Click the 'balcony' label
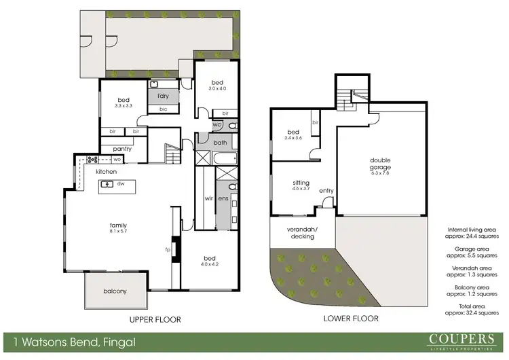click(x=116, y=291)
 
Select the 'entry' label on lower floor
click(x=326, y=191)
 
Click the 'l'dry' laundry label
click(x=163, y=96)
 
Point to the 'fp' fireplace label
click(x=167, y=249)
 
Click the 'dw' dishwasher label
click(x=119, y=183)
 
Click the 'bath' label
click(x=220, y=143)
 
